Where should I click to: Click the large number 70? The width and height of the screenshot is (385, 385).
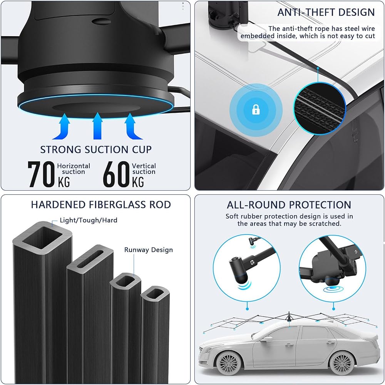tap(41, 174)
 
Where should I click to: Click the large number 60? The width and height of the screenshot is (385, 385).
tap(116, 174)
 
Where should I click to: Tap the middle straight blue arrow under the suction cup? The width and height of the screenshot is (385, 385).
tap(97, 126)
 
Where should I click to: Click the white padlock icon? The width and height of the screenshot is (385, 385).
tap(256, 109)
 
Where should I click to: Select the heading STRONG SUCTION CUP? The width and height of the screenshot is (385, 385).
tap(96, 149)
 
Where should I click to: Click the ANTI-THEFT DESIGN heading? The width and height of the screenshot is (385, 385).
tap(326, 12)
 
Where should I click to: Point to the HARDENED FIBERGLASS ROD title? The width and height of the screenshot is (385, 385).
tap(101, 204)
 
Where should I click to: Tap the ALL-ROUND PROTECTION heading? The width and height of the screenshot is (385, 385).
tap(289, 205)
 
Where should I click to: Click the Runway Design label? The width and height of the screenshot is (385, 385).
tap(149, 250)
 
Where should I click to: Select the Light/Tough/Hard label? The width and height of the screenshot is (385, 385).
tap(89, 220)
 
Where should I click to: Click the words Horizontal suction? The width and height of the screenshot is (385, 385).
tap(74, 169)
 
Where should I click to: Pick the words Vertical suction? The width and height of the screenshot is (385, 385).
tap(144, 169)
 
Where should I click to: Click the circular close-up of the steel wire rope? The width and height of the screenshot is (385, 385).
tap(320, 108)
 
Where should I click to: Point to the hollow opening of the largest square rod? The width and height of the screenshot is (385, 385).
tap(43, 238)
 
